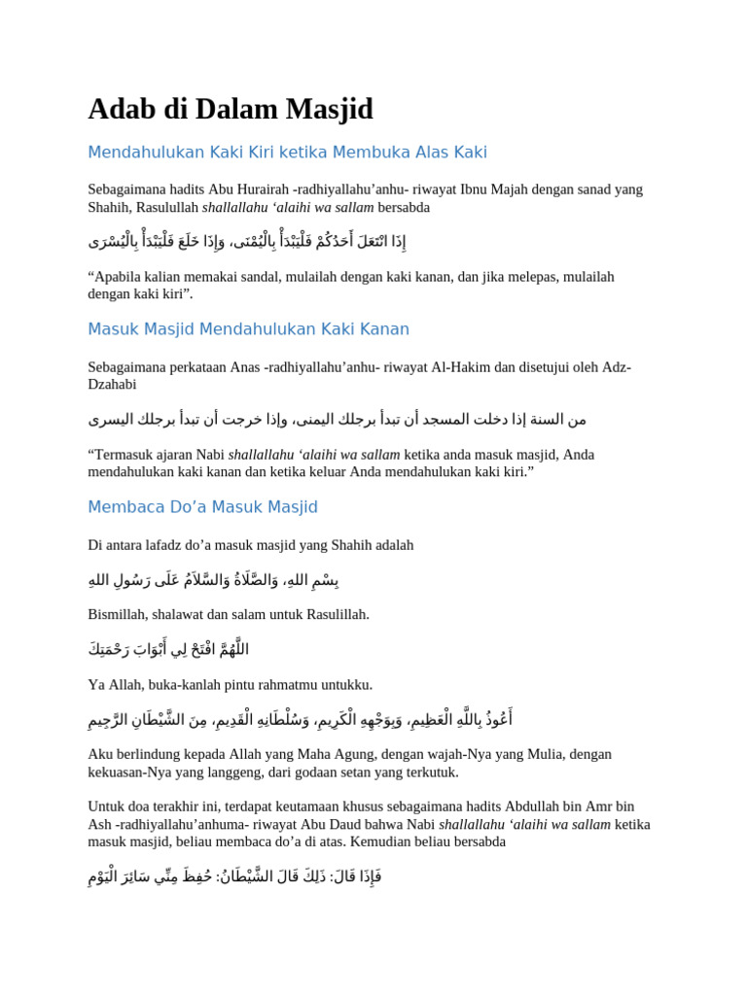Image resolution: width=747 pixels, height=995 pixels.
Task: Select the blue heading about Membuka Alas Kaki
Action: tap(287, 153)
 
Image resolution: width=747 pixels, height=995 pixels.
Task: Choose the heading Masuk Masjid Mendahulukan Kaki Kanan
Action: tap(248, 329)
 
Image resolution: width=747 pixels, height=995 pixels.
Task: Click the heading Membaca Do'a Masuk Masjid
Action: tap(202, 507)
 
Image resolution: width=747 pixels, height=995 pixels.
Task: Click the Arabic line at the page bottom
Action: tap(234, 876)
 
